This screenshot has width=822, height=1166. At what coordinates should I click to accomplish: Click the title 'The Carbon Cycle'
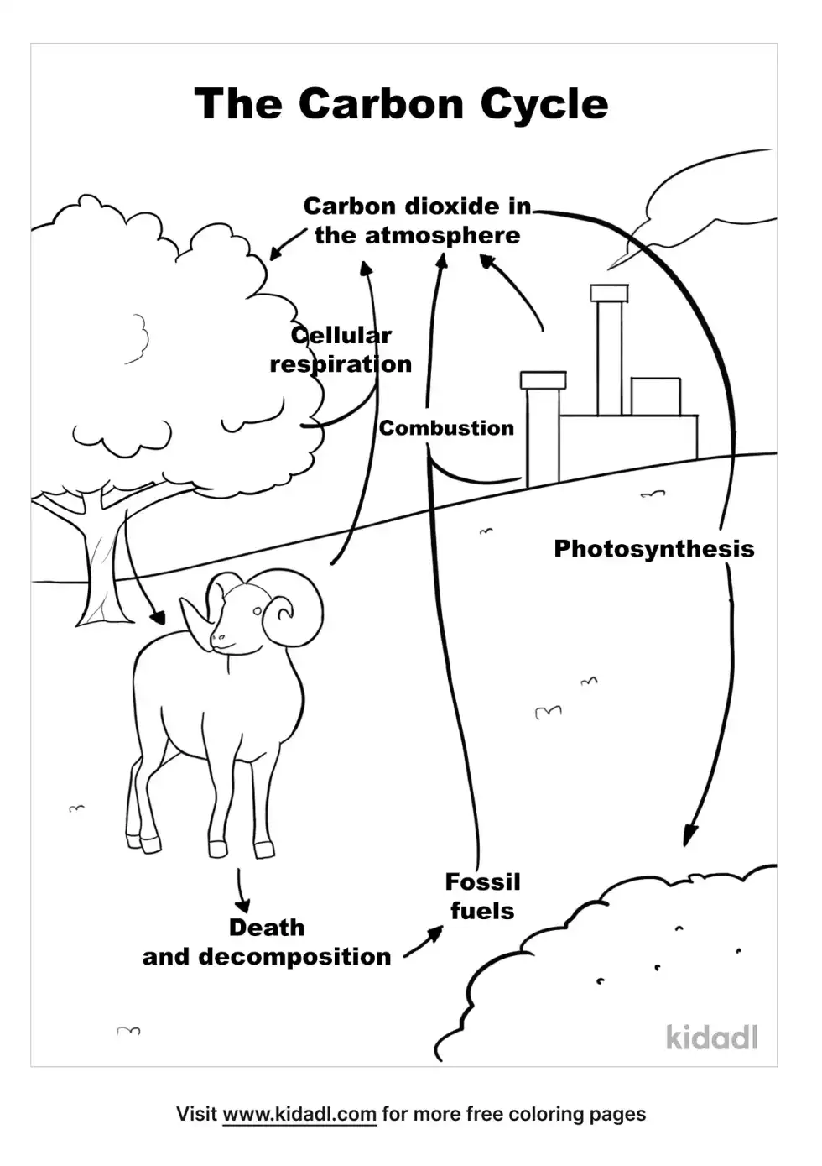pyautogui.click(x=401, y=105)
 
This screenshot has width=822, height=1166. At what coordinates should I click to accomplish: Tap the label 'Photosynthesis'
pyautogui.click(x=653, y=549)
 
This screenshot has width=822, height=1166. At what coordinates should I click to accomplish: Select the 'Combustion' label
pyautogui.click(x=446, y=428)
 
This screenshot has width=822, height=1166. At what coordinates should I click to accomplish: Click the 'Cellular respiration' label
pyautogui.click(x=341, y=350)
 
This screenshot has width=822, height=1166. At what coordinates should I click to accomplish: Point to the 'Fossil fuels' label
pyautogui.click(x=482, y=897)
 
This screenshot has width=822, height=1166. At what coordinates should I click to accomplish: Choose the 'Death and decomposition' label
pyautogui.click(x=267, y=942)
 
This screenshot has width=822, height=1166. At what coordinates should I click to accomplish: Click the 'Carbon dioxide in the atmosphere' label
pyautogui.click(x=417, y=221)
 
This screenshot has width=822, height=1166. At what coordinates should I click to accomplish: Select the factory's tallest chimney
pyautogui.click(x=609, y=353)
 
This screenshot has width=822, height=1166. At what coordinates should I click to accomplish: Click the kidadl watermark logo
pyautogui.click(x=712, y=1038)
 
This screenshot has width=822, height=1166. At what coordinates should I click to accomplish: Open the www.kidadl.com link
pyautogui.click(x=299, y=1115)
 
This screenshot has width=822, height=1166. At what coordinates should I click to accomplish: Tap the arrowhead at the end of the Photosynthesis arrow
pyautogui.click(x=689, y=835)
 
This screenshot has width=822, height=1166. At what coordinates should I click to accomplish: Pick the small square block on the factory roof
pyautogui.click(x=655, y=396)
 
